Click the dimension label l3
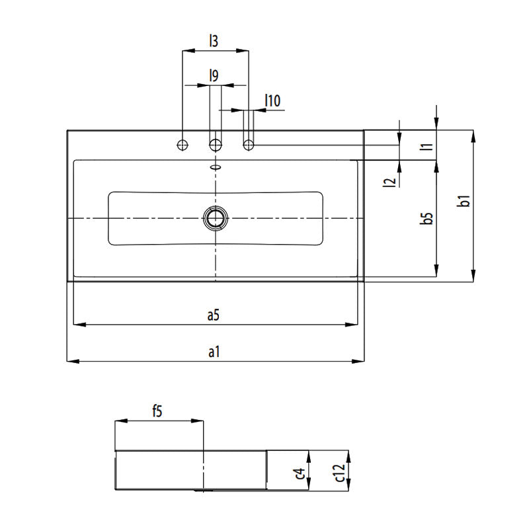point(213,41)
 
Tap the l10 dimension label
point(272,101)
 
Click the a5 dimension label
point(212,316)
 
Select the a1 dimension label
point(213,352)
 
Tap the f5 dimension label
point(157,411)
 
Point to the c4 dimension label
point(300,473)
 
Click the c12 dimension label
point(339,474)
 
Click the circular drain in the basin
point(215,217)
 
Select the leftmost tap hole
point(183,144)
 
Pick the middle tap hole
point(215,144)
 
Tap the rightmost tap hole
point(249,144)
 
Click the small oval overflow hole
point(215,167)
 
